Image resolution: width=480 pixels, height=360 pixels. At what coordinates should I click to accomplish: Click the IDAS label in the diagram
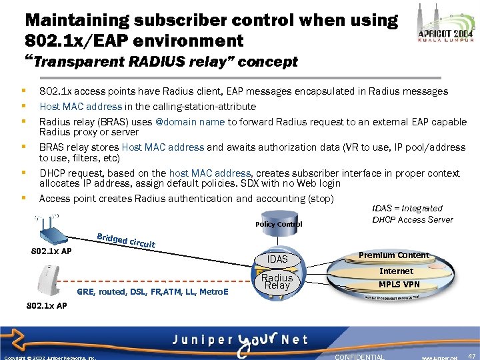point(277,259)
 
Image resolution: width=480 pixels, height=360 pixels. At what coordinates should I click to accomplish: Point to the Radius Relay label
point(277,281)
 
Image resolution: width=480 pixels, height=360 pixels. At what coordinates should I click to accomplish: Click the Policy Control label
point(279,224)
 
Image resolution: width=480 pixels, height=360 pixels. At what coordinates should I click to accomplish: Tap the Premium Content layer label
point(394,255)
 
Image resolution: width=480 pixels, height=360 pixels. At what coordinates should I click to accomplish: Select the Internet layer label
point(396,271)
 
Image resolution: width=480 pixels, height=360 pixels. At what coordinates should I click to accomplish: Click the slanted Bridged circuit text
point(126,240)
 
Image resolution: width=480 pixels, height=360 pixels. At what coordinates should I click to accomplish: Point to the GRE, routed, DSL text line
point(153,292)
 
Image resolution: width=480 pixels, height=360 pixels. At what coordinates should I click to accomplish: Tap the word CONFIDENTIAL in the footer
point(359,357)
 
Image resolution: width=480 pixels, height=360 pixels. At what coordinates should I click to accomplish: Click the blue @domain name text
point(189,121)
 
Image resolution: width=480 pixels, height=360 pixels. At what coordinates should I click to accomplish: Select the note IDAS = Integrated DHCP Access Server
point(412,214)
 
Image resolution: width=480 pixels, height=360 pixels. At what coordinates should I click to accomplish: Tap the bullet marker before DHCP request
point(23,173)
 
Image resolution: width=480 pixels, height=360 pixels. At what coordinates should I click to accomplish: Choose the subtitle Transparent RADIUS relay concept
point(163,62)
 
